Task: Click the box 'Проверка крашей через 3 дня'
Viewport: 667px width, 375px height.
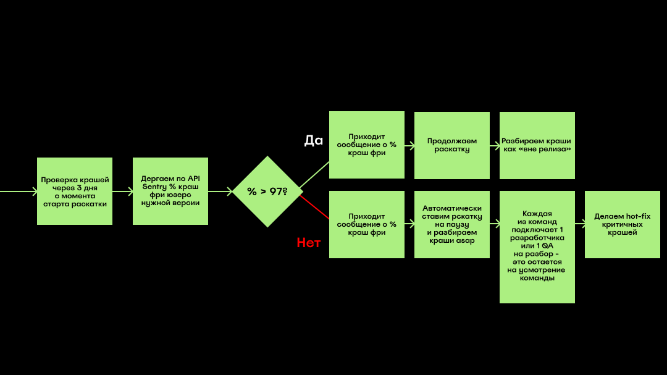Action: (75, 191)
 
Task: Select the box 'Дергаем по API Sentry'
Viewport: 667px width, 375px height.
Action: (170, 191)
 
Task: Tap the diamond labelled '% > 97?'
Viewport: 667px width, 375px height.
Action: (267, 192)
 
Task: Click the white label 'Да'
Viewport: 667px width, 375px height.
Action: (314, 140)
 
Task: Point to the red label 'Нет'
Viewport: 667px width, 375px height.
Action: (308, 243)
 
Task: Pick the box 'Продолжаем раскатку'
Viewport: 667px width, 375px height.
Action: (451, 145)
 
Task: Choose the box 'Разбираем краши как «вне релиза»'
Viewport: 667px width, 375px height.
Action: (537, 145)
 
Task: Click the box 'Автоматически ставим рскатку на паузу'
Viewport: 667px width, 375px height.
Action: (451, 224)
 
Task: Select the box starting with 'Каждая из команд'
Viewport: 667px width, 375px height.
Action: (537, 247)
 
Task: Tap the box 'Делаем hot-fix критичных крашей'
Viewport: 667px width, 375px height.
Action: (623, 224)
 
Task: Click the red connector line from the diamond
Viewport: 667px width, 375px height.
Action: (315, 208)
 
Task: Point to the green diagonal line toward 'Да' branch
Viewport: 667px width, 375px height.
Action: (315, 174)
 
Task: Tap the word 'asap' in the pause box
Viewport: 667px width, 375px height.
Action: (466, 240)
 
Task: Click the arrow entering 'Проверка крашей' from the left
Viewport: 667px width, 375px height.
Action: (19, 192)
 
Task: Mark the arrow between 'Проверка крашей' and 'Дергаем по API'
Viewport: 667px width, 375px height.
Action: (122, 192)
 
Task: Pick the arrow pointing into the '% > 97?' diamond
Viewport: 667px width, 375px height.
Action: (220, 192)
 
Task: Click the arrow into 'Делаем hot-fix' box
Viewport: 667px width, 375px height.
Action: (580, 224)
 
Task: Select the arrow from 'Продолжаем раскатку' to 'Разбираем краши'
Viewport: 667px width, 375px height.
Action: (495, 146)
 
